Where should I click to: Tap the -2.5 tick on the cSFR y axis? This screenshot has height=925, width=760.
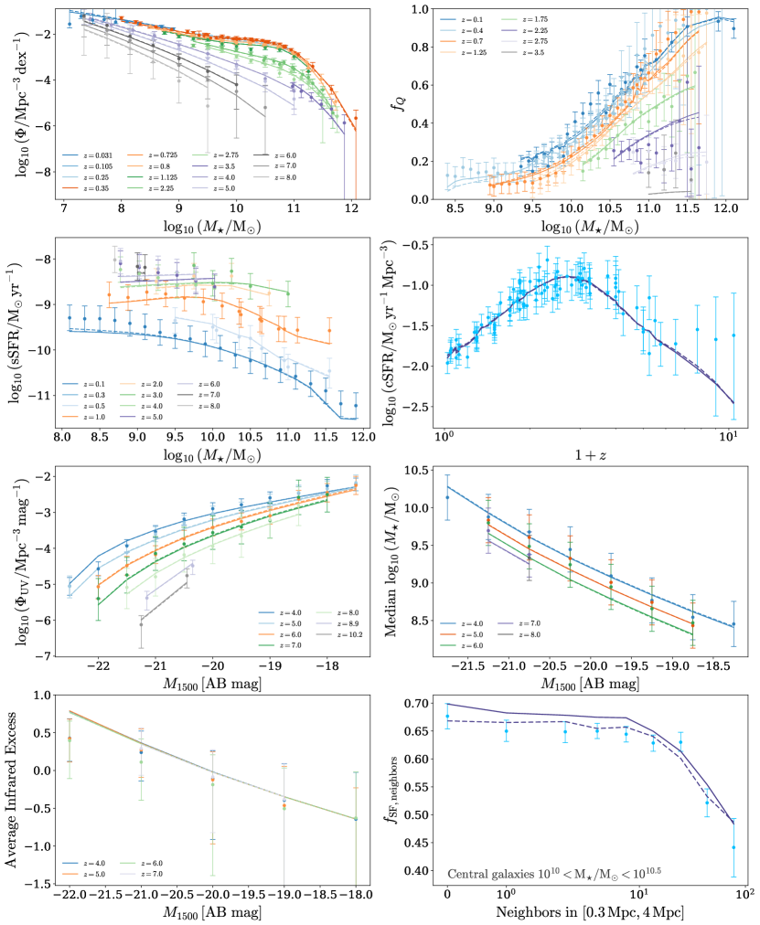pos(422,406)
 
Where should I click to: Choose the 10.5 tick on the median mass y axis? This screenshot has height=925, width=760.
pos(419,470)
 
